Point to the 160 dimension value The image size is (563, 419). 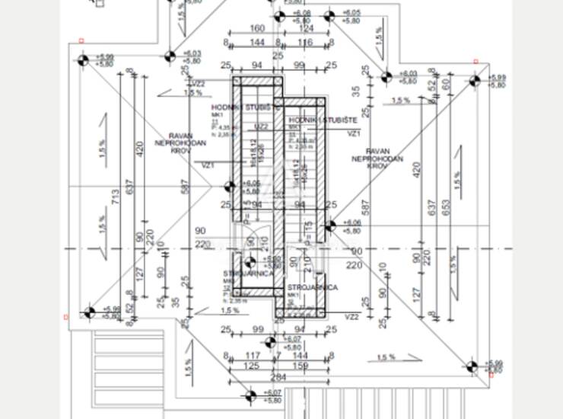point(256,30)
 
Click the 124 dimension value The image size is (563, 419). point(305,30)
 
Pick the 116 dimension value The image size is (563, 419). point(305,43)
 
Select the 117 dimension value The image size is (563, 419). point(253,355)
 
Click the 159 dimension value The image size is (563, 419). point(301,366)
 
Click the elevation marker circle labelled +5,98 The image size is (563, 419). point(89,312)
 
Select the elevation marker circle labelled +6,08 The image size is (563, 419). point(278,15)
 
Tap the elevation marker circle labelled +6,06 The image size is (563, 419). point(329,225)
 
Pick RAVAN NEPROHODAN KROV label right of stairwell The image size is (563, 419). point(377,157)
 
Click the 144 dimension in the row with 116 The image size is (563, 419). point(256,43)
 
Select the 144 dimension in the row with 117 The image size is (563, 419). point(301,355)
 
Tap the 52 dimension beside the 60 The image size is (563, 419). point(432,86)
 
